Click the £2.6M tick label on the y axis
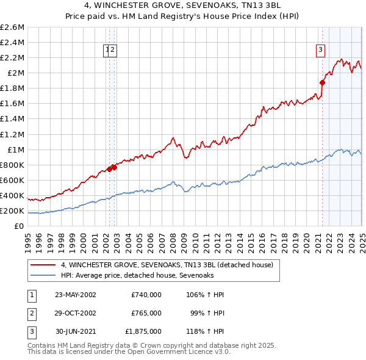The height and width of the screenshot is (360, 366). (x=12, y=27)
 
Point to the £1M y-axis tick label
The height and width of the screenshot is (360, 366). (x=15, y=149)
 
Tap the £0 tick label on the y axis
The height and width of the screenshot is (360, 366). (x=20, y=226)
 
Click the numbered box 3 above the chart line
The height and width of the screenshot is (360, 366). (x=320, y=51)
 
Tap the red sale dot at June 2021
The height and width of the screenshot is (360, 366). (x=322, y=82)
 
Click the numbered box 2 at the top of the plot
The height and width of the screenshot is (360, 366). (x=113, y=51)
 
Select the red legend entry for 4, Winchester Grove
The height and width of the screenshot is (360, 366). (x=170, y=265)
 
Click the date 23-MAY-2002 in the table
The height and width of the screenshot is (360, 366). (x=76, y=295)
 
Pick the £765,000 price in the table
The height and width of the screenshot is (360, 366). (x=146, y=313)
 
